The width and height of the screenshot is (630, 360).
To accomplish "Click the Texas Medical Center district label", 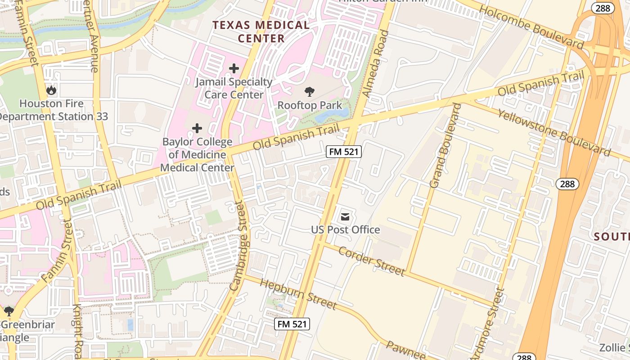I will click(x=261, y=31).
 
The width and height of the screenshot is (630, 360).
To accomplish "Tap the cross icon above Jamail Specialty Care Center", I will click(x=234, y=68).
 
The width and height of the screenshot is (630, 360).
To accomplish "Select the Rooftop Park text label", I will click(x=310, y=105).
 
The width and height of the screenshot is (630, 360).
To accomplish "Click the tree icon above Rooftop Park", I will click(x=309, y=92).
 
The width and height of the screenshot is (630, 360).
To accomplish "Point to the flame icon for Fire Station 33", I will click(x=51, y=90).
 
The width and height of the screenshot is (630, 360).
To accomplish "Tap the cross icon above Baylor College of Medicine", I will click(x=197, y=128).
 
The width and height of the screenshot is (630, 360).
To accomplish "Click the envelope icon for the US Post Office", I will click(x=345, y=217).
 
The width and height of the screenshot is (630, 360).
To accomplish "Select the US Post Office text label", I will click(x=345, y=230).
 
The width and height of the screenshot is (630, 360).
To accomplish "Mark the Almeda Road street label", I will click(x=375, y=64).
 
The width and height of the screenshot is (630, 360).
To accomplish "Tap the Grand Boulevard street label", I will click(x=445, y=146).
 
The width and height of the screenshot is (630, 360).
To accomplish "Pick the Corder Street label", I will click(x=371, y=261).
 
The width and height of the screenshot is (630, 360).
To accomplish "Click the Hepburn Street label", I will click(x=298, y=294).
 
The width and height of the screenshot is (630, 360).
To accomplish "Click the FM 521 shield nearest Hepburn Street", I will click(x=292, y=324).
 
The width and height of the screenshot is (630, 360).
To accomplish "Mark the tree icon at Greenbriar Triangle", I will click(x=9, y=311).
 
